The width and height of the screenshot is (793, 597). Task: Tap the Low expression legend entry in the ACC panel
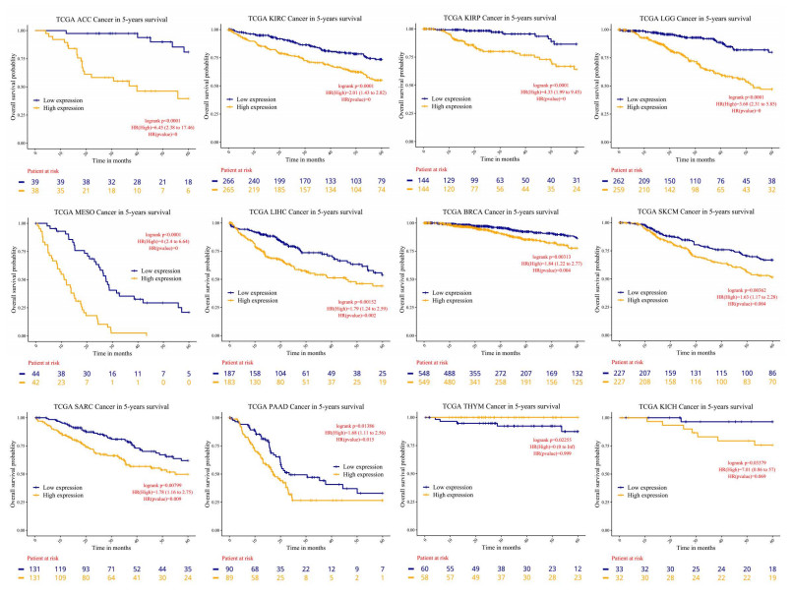tap(58, 99)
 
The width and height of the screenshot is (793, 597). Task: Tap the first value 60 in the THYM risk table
tap(429, 569)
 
